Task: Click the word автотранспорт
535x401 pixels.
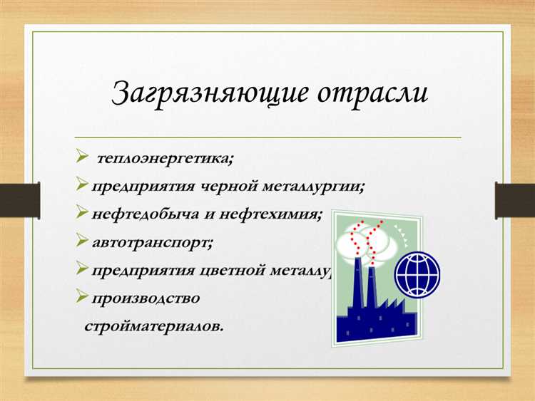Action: [x=152, y=241]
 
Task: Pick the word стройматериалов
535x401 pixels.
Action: [x=154, y=326]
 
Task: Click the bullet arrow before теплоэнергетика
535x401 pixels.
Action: [x=81, y=157]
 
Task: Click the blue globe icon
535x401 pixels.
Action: [x=418, y=274]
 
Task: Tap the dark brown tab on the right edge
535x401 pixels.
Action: [x=514, y=200]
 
